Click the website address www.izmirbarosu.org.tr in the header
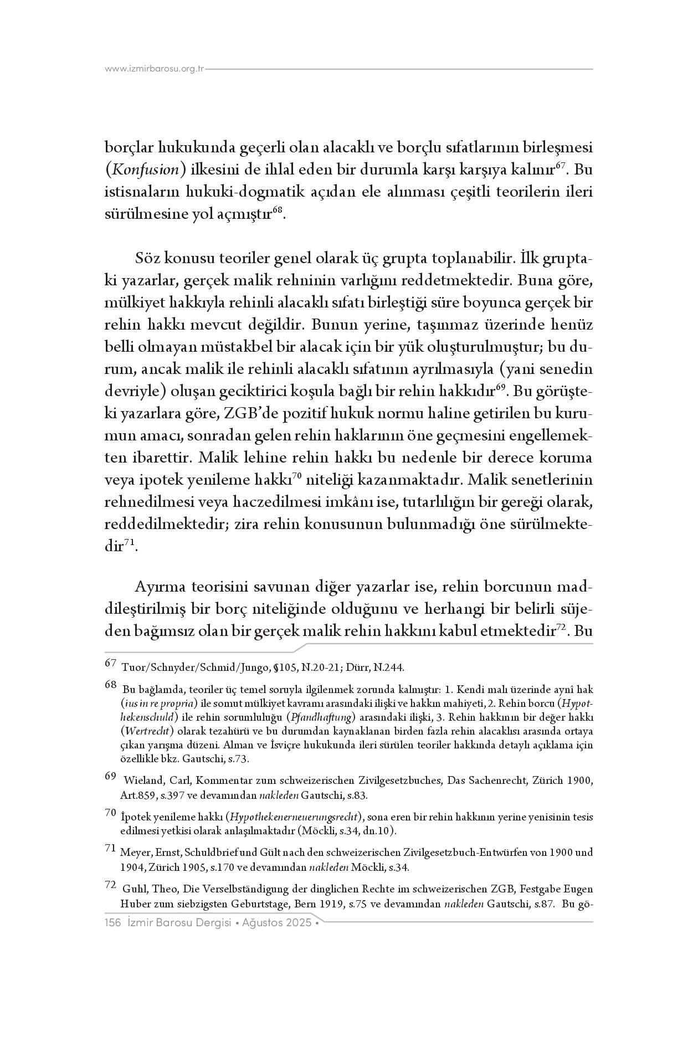155,69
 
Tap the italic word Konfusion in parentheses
145,170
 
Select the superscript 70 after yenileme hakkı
296,475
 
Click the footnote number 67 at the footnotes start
110,663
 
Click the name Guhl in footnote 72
134,889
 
